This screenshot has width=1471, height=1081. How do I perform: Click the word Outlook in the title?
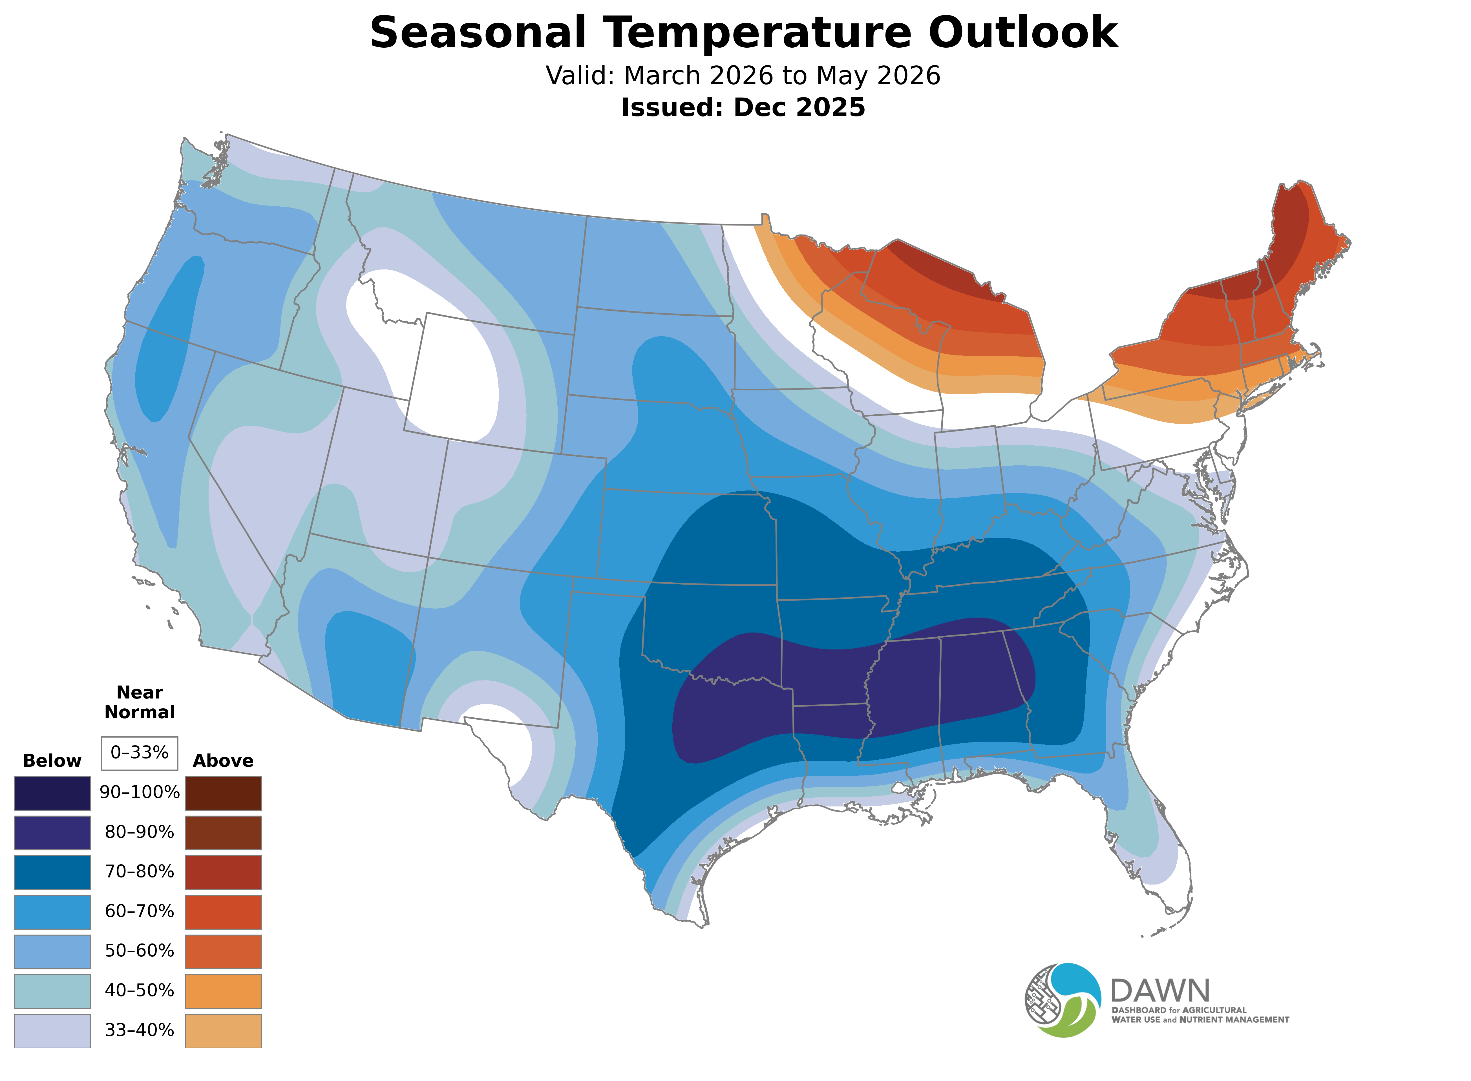tap(1023, 33)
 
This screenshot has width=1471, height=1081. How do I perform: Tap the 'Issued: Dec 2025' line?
tap(743, 107)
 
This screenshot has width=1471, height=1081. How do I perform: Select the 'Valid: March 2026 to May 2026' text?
tap(743, 76)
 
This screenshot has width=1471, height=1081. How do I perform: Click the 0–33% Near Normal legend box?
tap(139, 753)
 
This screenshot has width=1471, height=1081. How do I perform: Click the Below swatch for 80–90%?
tap(52, 832)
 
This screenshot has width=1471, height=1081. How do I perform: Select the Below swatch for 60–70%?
tap(52, 912)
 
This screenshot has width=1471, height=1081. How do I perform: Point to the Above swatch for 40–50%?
tap(223, 991)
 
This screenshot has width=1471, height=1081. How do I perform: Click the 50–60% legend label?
tap(139, 951)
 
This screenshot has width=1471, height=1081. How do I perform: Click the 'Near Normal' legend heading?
tap(139, 702)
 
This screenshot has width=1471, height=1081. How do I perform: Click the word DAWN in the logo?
tap(1160, 991)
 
